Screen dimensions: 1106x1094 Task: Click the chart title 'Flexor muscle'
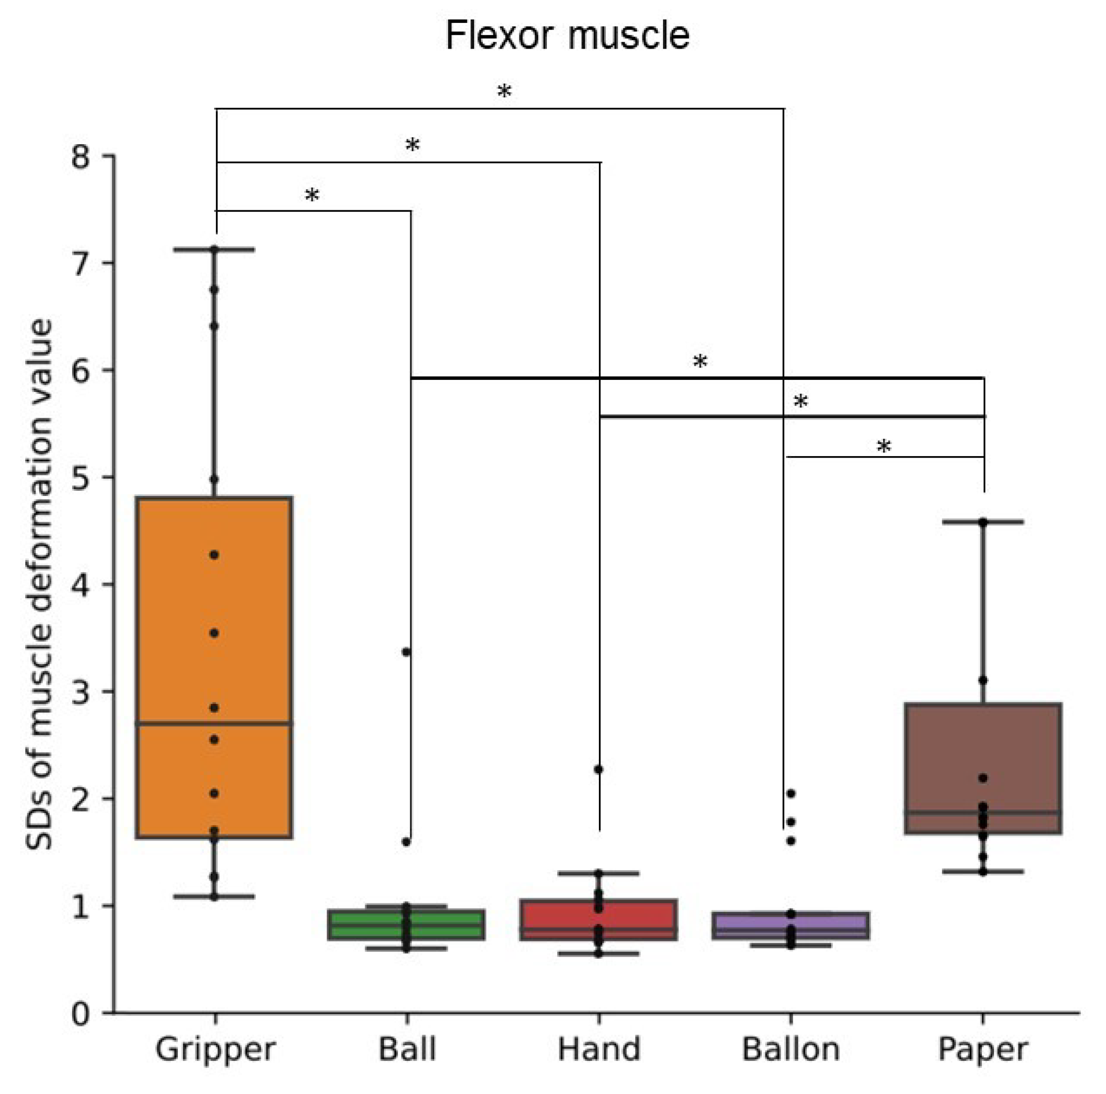point(568,36)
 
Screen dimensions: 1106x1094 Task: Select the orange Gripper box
point(214,667)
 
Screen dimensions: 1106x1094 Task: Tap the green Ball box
point(406,924)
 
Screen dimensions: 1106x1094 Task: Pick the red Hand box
point(599,920)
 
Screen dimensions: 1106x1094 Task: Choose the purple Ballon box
point(790,926)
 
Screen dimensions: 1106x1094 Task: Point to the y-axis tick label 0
point(81,1013)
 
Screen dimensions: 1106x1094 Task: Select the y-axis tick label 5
point(81,477)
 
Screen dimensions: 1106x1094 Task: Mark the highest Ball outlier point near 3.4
point(406,652)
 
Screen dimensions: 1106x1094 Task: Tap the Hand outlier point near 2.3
point(599,769)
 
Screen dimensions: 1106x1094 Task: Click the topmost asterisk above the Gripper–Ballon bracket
point(504,92)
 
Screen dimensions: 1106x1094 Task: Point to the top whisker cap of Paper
point(983,522)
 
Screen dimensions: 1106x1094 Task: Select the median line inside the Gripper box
point(214,724)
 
